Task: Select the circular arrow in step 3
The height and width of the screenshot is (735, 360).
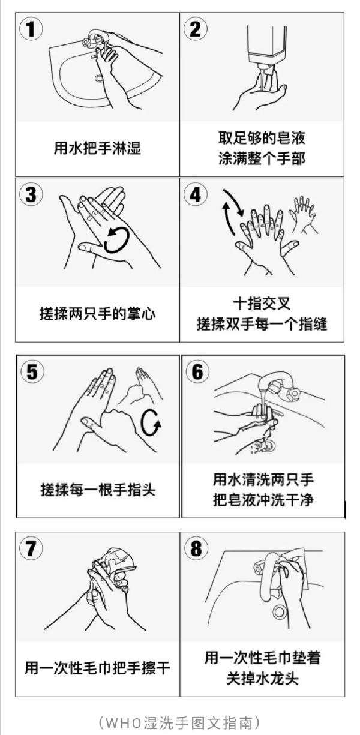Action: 117,240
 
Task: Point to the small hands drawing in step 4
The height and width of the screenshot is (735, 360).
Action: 303,213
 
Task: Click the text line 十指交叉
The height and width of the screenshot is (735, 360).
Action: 262,304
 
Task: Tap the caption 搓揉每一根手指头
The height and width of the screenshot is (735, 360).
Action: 97,489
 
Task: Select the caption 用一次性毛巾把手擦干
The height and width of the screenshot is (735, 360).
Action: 97,667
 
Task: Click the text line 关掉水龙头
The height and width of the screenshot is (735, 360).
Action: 262,679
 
